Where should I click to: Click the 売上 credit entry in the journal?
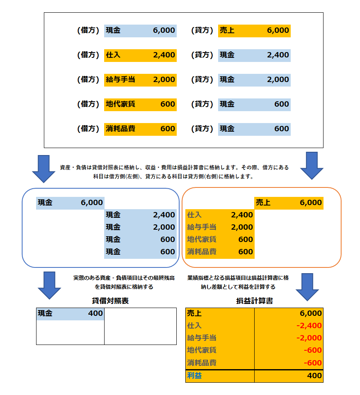254,30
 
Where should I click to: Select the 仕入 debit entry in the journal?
140,55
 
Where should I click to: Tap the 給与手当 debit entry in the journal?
140,80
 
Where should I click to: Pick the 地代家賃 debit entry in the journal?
140,104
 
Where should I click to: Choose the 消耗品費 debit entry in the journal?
140,129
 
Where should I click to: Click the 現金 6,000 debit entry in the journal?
140,30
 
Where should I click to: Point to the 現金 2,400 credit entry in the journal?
254,55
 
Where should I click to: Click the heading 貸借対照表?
110,301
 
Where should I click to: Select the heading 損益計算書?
255,301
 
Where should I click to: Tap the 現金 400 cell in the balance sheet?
70,314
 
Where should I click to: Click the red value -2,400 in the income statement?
308,326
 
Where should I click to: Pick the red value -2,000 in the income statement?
308,338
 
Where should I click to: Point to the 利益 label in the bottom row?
195,376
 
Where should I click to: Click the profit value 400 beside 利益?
314,376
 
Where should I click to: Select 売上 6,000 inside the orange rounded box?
289,203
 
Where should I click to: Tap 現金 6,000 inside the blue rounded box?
70,203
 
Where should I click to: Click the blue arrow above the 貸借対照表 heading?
49,285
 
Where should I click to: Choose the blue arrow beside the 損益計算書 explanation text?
308,287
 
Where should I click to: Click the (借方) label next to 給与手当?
88,80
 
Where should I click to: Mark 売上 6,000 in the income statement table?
254,313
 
